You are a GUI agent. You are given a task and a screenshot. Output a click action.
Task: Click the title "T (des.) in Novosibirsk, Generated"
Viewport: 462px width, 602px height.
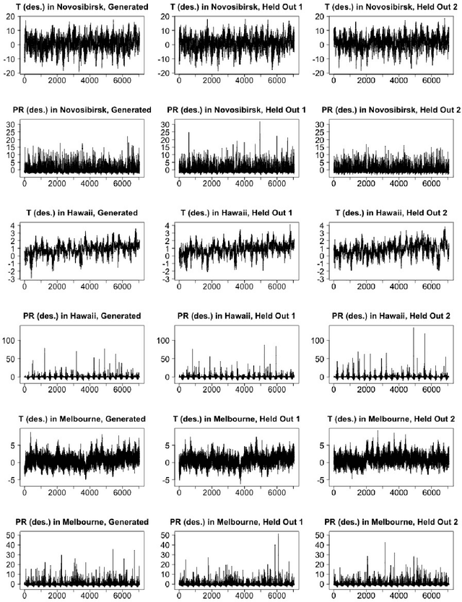click(x=82, y=6)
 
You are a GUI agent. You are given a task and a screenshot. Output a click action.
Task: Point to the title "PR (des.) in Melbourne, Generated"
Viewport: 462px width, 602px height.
click(x=82, y=521)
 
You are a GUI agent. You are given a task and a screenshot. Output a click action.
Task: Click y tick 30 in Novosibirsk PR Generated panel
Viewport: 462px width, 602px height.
click(x=11, y=124)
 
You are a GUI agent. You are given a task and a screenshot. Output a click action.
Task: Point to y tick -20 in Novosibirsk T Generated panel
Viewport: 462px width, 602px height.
click(x=9, y=74)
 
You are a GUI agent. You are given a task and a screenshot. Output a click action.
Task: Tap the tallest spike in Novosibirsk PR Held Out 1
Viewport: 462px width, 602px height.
click(x=260, y=122)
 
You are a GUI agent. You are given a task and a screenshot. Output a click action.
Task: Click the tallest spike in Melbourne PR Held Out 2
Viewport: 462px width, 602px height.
click(x=385, y=543)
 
